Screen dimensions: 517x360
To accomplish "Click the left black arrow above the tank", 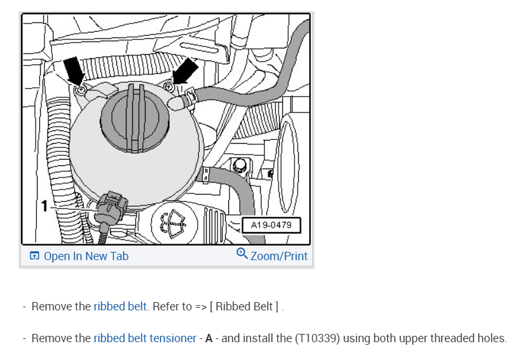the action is [x=74, y=69].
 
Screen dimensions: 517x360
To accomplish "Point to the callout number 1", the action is [x=45, y=205].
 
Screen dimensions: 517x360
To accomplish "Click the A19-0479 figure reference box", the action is [x=271, y=225].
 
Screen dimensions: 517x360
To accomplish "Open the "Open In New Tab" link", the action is [x=85, y=256].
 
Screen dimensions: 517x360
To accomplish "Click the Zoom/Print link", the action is [x=279, y=256].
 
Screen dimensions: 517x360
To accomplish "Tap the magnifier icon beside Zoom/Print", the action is [x=242, y=254].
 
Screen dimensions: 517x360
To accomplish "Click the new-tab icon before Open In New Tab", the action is [x=34, y=256].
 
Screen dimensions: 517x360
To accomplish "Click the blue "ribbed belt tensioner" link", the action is [x=144, y=338].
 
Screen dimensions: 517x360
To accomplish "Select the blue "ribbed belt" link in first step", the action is [x=120, y=307].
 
